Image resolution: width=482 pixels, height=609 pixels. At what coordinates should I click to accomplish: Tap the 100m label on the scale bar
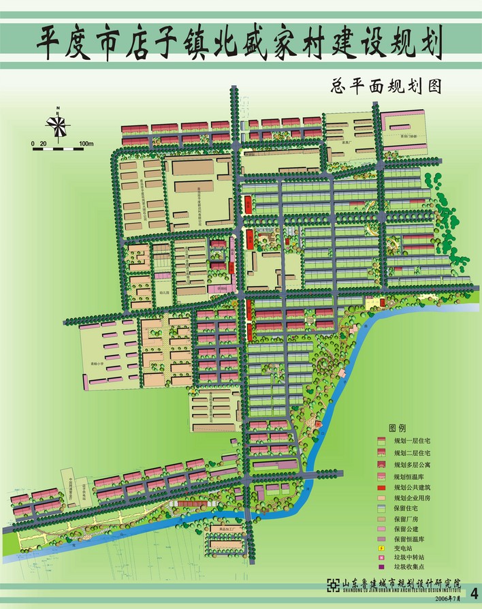(x=85, y=144)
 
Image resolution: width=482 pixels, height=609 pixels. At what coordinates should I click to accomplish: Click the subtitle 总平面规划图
(x=385, y=87)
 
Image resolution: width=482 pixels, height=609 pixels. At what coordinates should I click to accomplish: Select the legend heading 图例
(x=398, y=428)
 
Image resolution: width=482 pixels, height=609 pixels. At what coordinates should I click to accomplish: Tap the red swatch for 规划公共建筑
(x=381, y=488)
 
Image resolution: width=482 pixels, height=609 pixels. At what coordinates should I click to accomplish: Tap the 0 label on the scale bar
(x=33, y=144)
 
